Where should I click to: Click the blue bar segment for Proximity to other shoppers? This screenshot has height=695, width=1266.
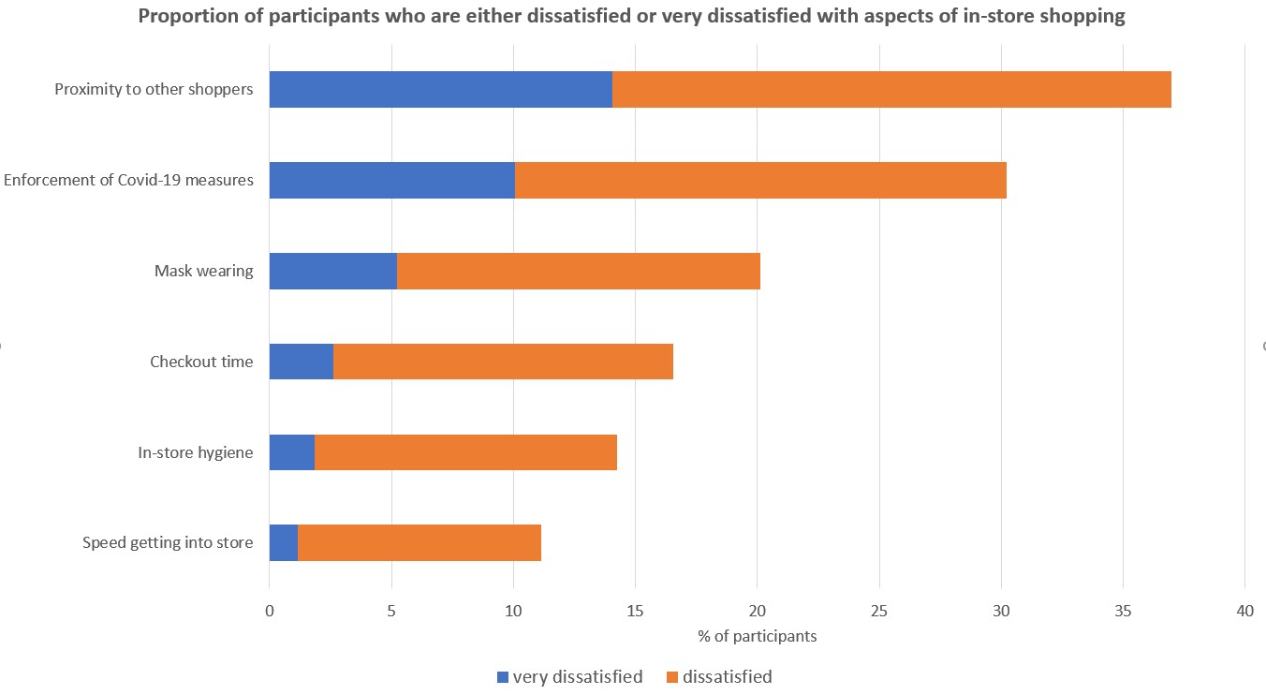440,90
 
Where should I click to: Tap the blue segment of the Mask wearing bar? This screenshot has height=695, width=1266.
332,271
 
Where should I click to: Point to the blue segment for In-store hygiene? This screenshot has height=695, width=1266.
291,452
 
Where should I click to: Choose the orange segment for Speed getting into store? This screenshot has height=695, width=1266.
419,543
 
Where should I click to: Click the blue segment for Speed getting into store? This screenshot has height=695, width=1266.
283,543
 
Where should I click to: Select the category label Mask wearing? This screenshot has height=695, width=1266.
203,272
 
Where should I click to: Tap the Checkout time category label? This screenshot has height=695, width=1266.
201,362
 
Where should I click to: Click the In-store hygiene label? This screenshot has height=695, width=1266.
195,453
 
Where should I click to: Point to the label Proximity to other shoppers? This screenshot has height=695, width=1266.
154,90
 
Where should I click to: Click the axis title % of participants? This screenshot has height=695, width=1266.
757,637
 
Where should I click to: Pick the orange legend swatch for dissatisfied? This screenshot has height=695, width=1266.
671,677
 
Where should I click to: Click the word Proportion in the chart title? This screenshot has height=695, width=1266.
185,16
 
